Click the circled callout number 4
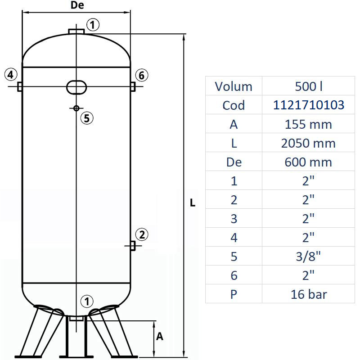[x=11, y=74]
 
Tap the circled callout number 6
[x=141, y=75]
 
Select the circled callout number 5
[x=86, y=118]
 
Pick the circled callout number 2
[x=142, y=234]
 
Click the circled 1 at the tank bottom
[x=87, y=301]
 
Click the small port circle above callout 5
[x=76, y=108]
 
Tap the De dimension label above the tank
[x=77, y=6]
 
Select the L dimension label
[x=193, y=203]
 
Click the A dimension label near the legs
[x=159, y=336]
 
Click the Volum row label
[x=234, y=86]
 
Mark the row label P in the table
[x=234, y=294]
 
